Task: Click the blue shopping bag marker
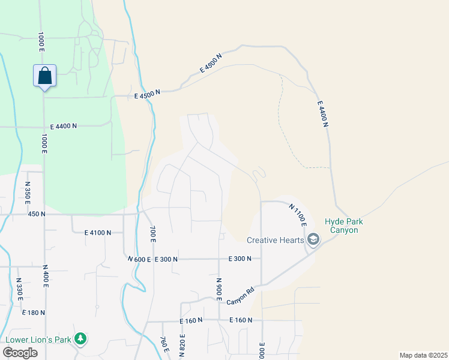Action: [x=44, y=76]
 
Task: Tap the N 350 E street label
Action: [x=28, y=191]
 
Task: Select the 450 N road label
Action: [x=37, y=214]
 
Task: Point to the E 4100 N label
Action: [x=98, y=232]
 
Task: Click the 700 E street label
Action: [x=152, y=234]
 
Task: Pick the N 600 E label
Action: [x=139, y=259]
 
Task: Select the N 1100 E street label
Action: [x=298, y=215]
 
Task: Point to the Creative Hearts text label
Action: [x=276, y=241]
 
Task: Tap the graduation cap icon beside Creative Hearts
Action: [x=313, y=241]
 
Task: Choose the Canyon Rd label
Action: [x=243, y=295]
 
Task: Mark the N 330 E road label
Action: [x=19, y=290]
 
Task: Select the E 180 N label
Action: [x=33, y=313]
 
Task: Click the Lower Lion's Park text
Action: [x=38, y=340]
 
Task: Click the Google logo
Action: [x=20, y=352]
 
